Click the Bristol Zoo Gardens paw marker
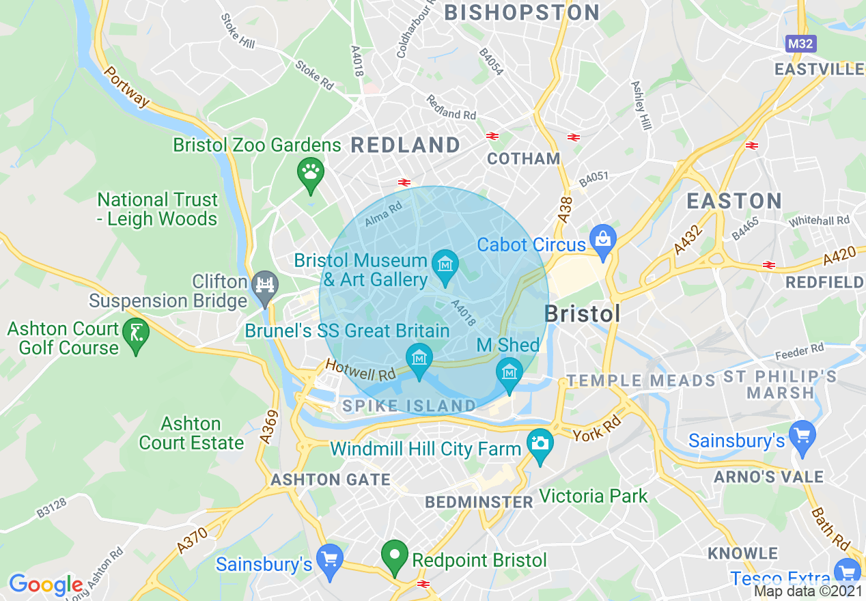(311, 173)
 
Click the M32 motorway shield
(800, 44)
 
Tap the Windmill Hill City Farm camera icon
(540, 444)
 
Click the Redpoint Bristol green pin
(394, 556)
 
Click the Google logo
(45, 585)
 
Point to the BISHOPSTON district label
(522, 12)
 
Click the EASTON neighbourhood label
(734, 201)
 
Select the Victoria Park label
(593, 496)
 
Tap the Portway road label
(127, 87)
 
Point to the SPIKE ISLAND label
(409, 406)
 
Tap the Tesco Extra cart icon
(847, 572)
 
